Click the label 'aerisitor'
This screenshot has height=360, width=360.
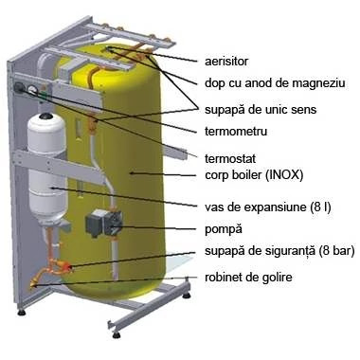(x=226, y=62)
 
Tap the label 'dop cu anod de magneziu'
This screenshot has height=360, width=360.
(x=275, y=83)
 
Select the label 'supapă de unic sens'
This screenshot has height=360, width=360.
(x=261, y=110)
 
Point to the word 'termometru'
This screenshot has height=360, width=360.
(x=236, y=131)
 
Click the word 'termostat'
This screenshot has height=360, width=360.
(x=230, y=158)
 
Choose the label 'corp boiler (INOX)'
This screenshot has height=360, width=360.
(x=254, y=174)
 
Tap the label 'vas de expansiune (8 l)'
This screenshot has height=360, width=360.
(x=268, y=207)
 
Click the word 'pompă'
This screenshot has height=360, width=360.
(x=224, y=229)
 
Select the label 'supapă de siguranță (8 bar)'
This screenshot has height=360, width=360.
(x=279, y=251)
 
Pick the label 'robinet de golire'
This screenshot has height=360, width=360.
(x=248, y=278)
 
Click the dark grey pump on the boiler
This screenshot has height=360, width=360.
(x=103, y=222)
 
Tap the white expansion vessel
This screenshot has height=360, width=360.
(x=47, y=169)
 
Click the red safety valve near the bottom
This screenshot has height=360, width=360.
(x=67, y=267)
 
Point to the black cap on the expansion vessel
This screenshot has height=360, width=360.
(x=47, y=116)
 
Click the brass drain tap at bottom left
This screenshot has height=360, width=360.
(x=33, y=283)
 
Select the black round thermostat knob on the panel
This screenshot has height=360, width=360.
(x=20, y=86)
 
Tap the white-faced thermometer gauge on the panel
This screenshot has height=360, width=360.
(x=32, y=90)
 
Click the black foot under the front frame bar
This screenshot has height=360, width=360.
(x=117, y=334)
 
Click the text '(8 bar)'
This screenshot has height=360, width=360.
(x=336, y=251)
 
